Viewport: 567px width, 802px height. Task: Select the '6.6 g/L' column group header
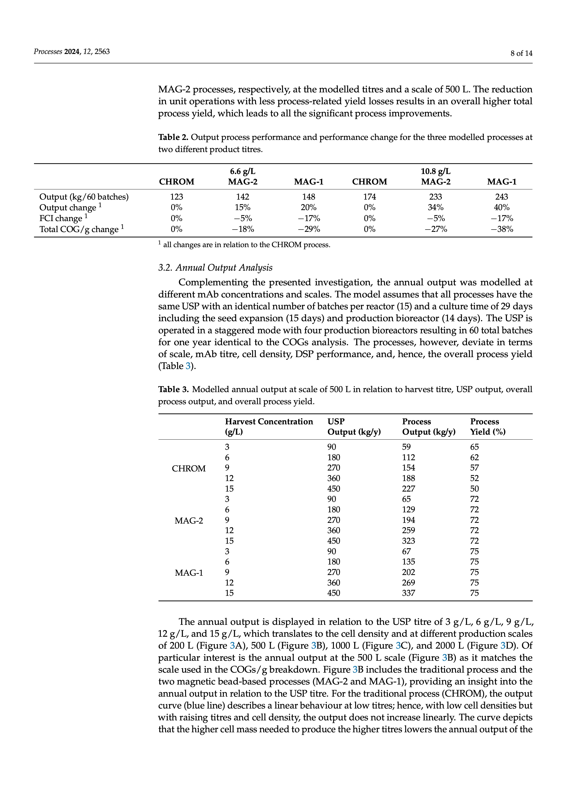243,171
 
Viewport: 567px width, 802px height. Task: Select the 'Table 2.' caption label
173,137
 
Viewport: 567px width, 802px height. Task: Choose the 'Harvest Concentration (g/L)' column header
269,427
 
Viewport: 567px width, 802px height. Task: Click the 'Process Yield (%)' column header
488,427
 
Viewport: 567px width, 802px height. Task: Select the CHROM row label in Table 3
189,468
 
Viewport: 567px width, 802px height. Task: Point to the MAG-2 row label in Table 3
189,521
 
